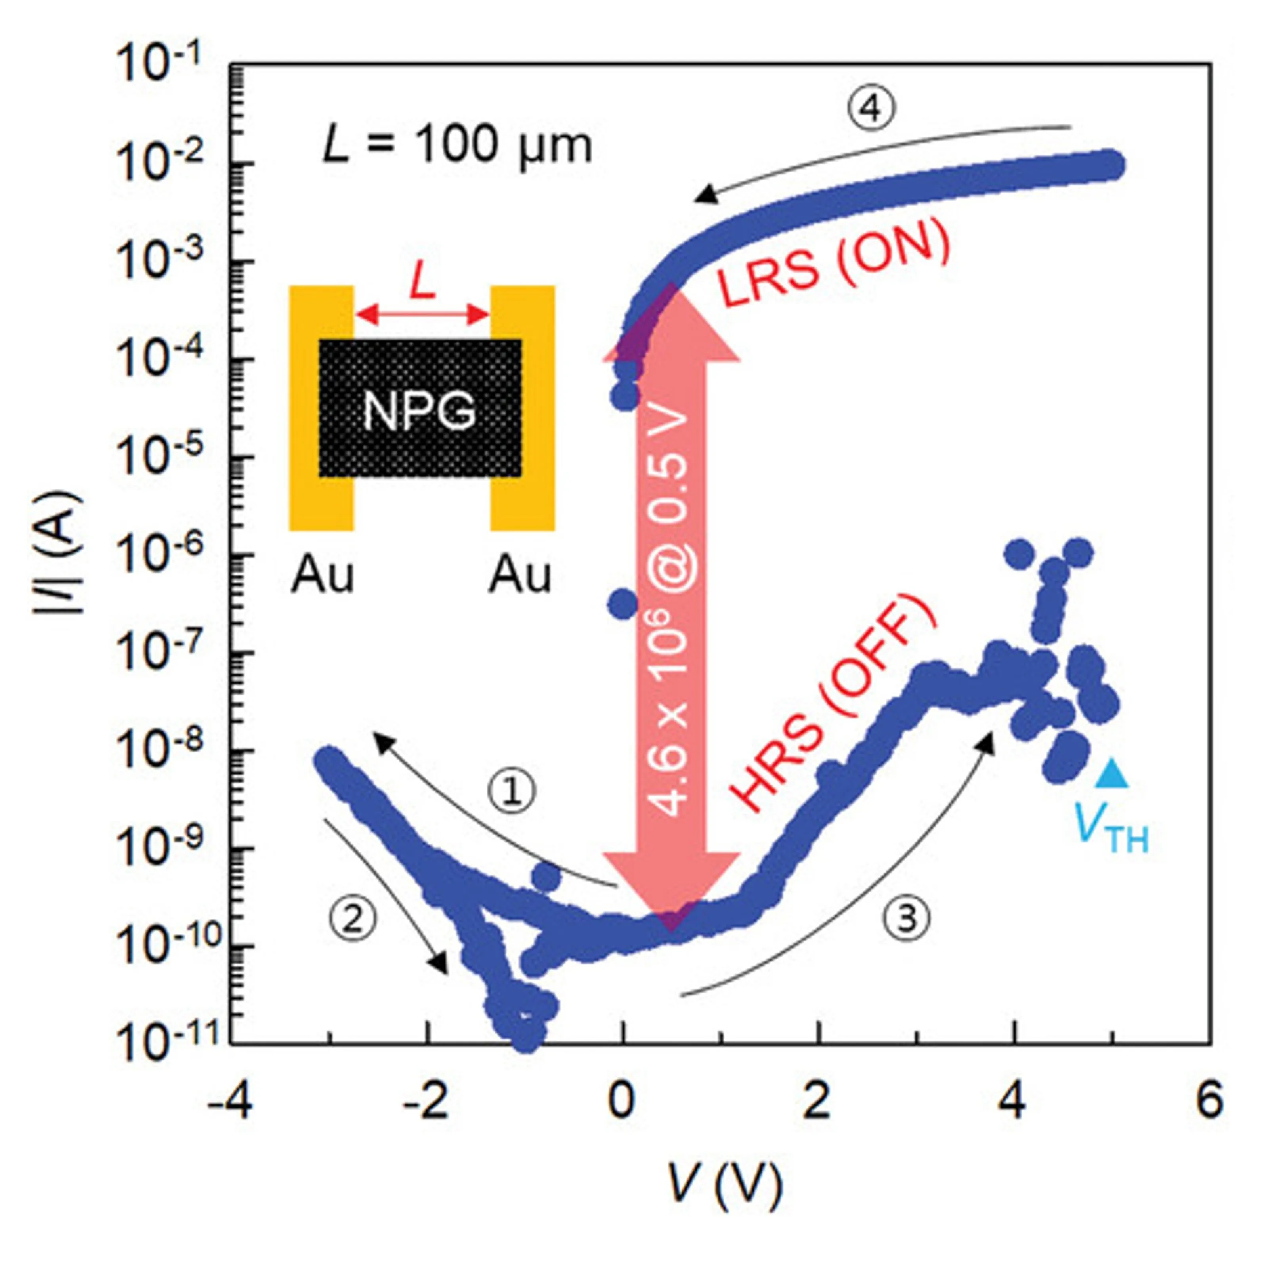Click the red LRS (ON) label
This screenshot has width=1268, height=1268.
[x=834, y=266]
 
